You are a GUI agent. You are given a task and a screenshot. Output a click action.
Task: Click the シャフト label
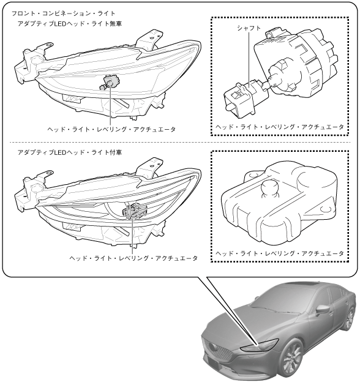(x=249, y=28)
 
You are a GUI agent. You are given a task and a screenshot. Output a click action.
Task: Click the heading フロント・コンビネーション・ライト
(x=63, y=13)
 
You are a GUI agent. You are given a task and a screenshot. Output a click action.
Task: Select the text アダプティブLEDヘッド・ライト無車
(x=69, y=24)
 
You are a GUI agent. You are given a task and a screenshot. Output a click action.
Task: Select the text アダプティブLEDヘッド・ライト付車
(x=69, y=152)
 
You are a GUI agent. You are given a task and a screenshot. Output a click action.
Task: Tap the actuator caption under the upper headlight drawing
(x=111, y=129)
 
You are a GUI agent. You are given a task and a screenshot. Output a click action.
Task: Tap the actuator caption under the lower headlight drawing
(x=133, y=258)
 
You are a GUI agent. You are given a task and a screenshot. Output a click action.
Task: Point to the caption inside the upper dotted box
(x=280, y=127)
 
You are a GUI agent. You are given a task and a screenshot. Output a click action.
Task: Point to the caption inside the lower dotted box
(x=280, y=253)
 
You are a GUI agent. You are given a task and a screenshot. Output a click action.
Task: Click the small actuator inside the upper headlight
(x=110, y=82)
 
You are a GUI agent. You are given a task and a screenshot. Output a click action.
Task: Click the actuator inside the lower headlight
(x=135, y=211)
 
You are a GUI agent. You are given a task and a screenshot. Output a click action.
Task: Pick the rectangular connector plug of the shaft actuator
(x=239, y=101)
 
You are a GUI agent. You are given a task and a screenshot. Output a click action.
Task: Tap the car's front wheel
(x=291, y=359)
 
